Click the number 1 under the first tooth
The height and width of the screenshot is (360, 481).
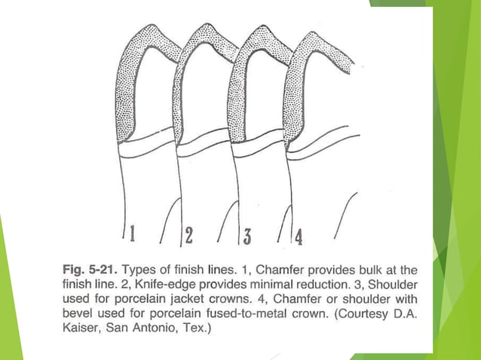click(133, 234)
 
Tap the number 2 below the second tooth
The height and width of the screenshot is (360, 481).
click(189, 236)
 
